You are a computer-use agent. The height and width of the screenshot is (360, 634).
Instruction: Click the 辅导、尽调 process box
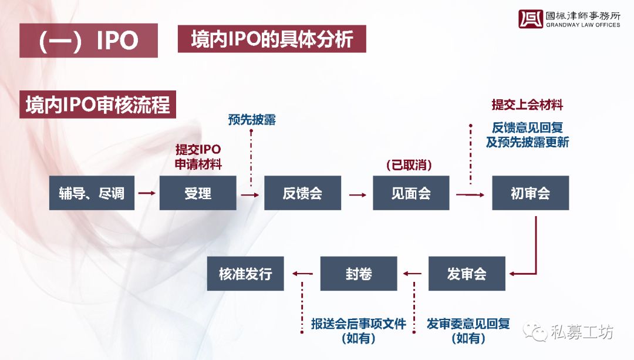92,193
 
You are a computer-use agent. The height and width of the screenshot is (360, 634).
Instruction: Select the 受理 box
198,193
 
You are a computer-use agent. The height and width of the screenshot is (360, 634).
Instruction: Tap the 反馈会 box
302,193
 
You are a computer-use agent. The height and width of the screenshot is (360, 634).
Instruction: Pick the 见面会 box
411,193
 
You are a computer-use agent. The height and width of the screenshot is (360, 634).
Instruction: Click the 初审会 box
531,193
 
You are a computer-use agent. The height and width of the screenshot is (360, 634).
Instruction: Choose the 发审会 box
467,274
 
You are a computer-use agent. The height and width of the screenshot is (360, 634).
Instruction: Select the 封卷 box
359,274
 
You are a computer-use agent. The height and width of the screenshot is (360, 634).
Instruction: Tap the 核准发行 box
245,274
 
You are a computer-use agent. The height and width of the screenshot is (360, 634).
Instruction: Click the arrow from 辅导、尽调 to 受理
147,193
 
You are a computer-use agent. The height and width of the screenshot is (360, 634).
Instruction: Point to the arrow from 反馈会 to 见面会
358,195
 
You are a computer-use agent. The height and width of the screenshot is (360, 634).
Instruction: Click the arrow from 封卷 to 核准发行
302,274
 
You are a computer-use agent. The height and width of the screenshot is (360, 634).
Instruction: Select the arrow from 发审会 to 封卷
413,274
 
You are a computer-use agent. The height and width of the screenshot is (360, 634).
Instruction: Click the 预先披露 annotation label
252,120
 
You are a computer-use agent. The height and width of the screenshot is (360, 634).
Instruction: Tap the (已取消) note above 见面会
409,165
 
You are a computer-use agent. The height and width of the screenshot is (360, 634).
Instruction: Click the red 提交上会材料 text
527,105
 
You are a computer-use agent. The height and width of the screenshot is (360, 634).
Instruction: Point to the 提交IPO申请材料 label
198,157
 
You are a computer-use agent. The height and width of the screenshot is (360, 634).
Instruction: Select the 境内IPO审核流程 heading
98,105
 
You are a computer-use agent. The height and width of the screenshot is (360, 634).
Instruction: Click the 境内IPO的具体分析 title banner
272,39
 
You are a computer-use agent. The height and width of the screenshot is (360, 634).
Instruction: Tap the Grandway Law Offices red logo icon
531,19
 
